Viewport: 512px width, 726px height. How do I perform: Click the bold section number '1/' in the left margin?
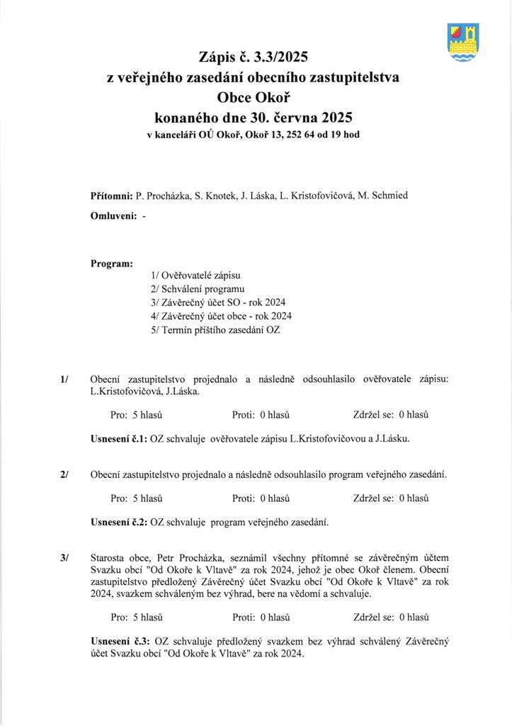click(x=64, y=379)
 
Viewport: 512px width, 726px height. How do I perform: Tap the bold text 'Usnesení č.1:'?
click(x=118, y=438)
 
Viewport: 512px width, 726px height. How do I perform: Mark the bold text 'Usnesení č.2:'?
click(x=118, y=523)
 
